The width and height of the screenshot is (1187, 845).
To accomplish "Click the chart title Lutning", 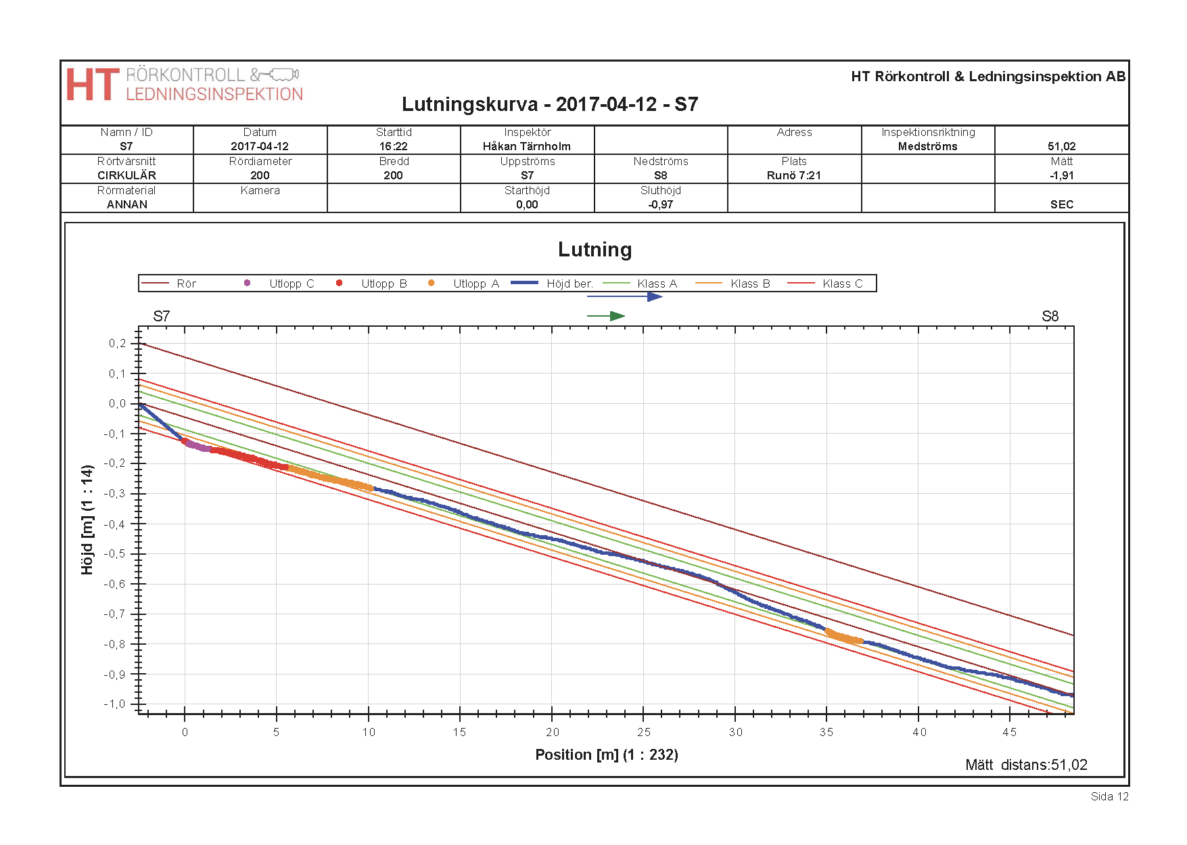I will pyautogui.click(x=595, y=250).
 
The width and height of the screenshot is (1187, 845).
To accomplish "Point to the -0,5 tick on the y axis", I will pyautogui.click(x=117, y=553).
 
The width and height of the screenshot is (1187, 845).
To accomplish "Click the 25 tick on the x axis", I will pyautogui.click(x=644, y=732).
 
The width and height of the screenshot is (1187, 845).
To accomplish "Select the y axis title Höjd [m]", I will pyautogui.click(x=87, y=520).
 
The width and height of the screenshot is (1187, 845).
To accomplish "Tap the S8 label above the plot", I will pyautogui.click(x=1050, y=316).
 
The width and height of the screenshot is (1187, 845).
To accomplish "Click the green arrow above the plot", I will pyautogui.click(x=606, y=316).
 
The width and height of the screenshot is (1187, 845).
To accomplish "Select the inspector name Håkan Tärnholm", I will pyautogui.click(x=526, y=146).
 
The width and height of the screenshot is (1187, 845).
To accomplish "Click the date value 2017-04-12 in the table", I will pyautogui.click(x=260, y=146).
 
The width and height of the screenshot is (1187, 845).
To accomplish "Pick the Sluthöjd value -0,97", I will pyautogui.click(x=660, y=204).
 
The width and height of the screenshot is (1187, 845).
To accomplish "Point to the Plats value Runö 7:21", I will pyautogui.click(x=793, y=175).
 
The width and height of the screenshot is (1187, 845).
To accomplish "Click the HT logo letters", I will pyautogui.click(x=93, y=85).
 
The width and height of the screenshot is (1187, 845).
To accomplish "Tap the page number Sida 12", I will pyautogui.click(x=1109, y=796).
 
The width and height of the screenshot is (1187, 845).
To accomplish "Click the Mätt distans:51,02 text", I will pyautogui.click(x=1026, y=764).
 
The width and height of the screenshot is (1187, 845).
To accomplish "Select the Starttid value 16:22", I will pyautogui.click(x=394, y=146).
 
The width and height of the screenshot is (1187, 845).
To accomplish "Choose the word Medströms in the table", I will pyautogui.click(x=927, y=146).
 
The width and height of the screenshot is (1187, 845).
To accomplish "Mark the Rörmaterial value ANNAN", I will pyautogui.click(x=126, y=204).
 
